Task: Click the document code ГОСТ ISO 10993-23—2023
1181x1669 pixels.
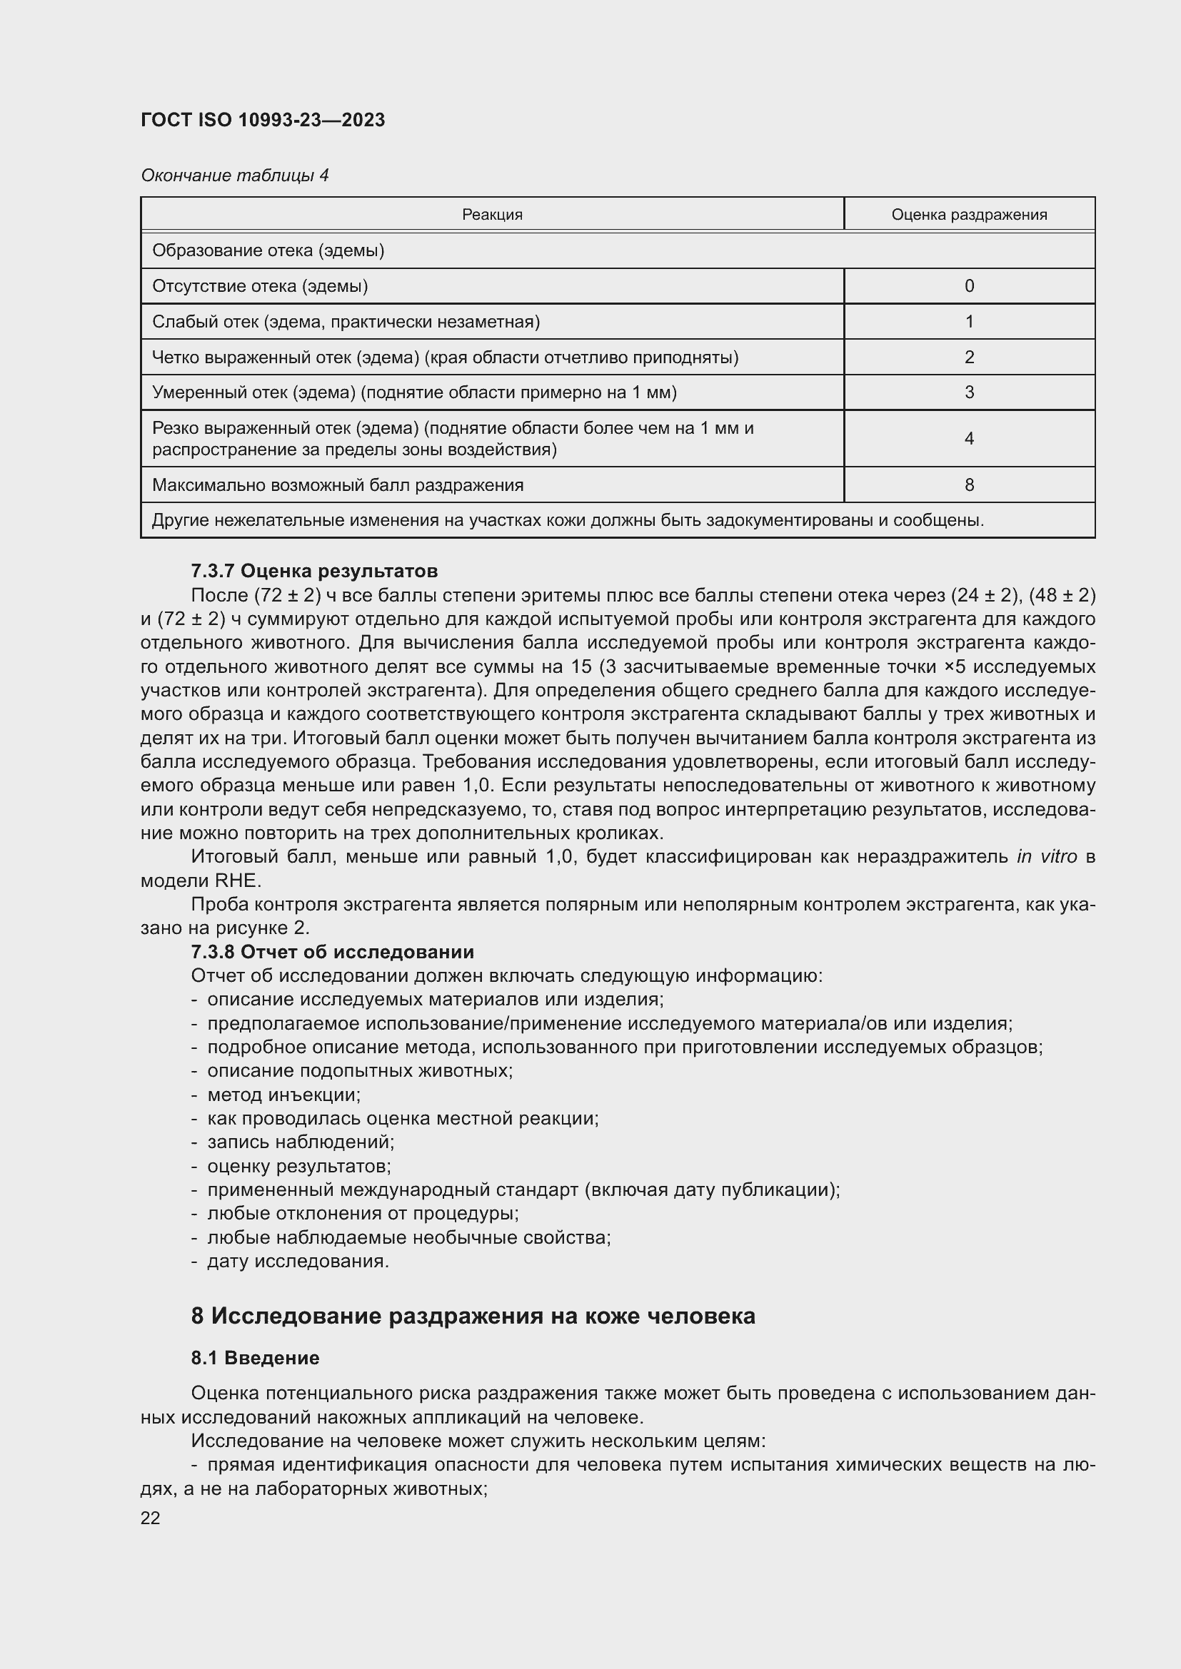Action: [263, 120]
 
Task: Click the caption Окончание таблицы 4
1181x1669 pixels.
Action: [234, 176]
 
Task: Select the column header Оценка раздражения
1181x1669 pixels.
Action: [969, 215]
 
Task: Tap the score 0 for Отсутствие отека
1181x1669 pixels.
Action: [969, 285]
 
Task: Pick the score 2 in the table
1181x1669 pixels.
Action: [969, 357]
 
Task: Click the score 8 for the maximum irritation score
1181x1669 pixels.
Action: [969, 485]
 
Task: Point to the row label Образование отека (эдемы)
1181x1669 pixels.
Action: [268, 250]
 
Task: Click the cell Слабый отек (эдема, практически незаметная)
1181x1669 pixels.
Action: [346, 321]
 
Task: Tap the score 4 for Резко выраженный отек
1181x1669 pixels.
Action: [969, 438]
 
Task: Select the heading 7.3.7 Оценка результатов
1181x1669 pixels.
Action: [314, 571]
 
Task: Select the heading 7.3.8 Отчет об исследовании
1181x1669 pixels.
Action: [332, 952]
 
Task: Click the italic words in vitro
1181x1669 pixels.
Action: [1047, 856]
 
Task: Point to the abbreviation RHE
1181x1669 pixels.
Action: [235, 881]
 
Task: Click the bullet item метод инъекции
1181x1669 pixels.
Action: [283, 1095]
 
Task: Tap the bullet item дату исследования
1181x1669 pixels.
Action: [298, 1261]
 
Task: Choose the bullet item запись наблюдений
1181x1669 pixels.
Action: [301, 1142]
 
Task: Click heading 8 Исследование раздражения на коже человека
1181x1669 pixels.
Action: [473, 1316]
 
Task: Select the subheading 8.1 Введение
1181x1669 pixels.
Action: [255, 1358]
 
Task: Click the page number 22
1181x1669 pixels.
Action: [151, 1512]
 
